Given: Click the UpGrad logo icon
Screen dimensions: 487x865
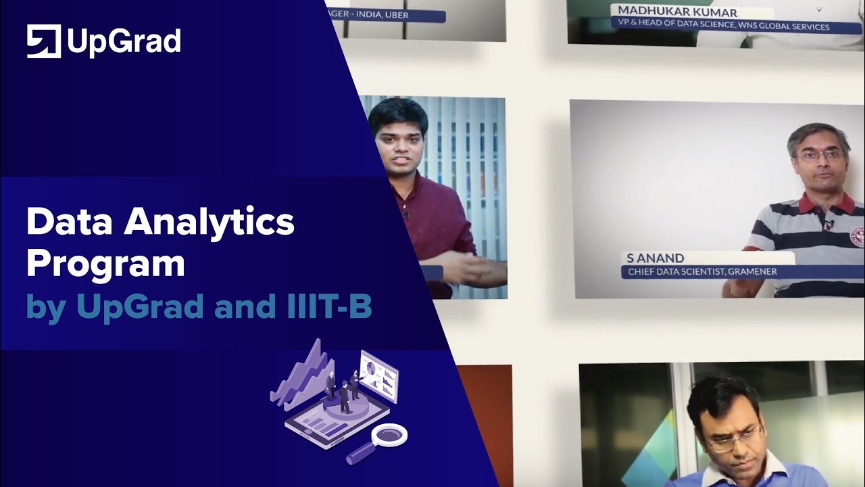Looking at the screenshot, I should tap(44, 41).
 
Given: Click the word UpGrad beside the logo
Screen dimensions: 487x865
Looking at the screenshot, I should tap(124, 42).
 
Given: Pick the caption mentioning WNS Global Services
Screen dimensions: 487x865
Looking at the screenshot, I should tap(720, 27).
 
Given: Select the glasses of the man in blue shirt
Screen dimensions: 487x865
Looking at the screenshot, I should tap(733, 440).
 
